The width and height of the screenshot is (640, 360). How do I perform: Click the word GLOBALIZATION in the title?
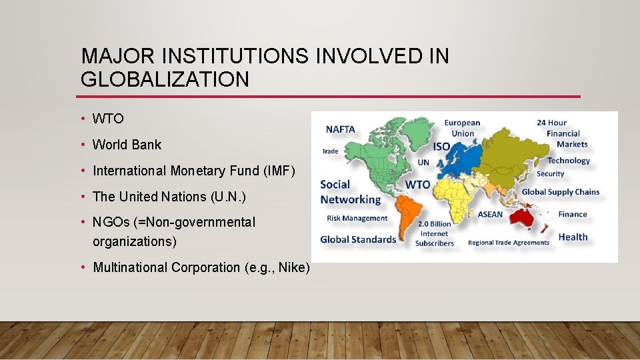click(165, 79)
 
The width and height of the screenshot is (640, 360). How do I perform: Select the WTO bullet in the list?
click(108, 119)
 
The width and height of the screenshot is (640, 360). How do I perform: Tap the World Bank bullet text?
click(127, 145)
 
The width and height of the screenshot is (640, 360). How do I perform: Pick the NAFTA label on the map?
click(340, 129)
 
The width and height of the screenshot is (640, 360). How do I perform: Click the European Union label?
click(462, 128)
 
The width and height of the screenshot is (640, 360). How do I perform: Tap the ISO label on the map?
click(441, 146)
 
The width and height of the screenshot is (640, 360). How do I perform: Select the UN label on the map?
click(423, 162)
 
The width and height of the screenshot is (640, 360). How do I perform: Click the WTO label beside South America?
click(418, 184)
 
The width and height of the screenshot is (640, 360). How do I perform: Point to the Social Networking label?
click(350, 192)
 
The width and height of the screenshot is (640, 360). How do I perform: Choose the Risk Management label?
click(357, 219)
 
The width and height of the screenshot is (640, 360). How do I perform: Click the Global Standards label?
click(358, 239)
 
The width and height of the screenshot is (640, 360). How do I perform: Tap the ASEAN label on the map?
click(490, 215)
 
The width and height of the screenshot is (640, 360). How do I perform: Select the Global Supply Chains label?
click(560, 192)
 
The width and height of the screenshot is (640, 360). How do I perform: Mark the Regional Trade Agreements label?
click(509, 243)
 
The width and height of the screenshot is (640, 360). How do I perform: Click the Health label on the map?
click(573, 237)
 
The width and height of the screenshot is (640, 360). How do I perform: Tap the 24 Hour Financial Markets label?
click(562, 133)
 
